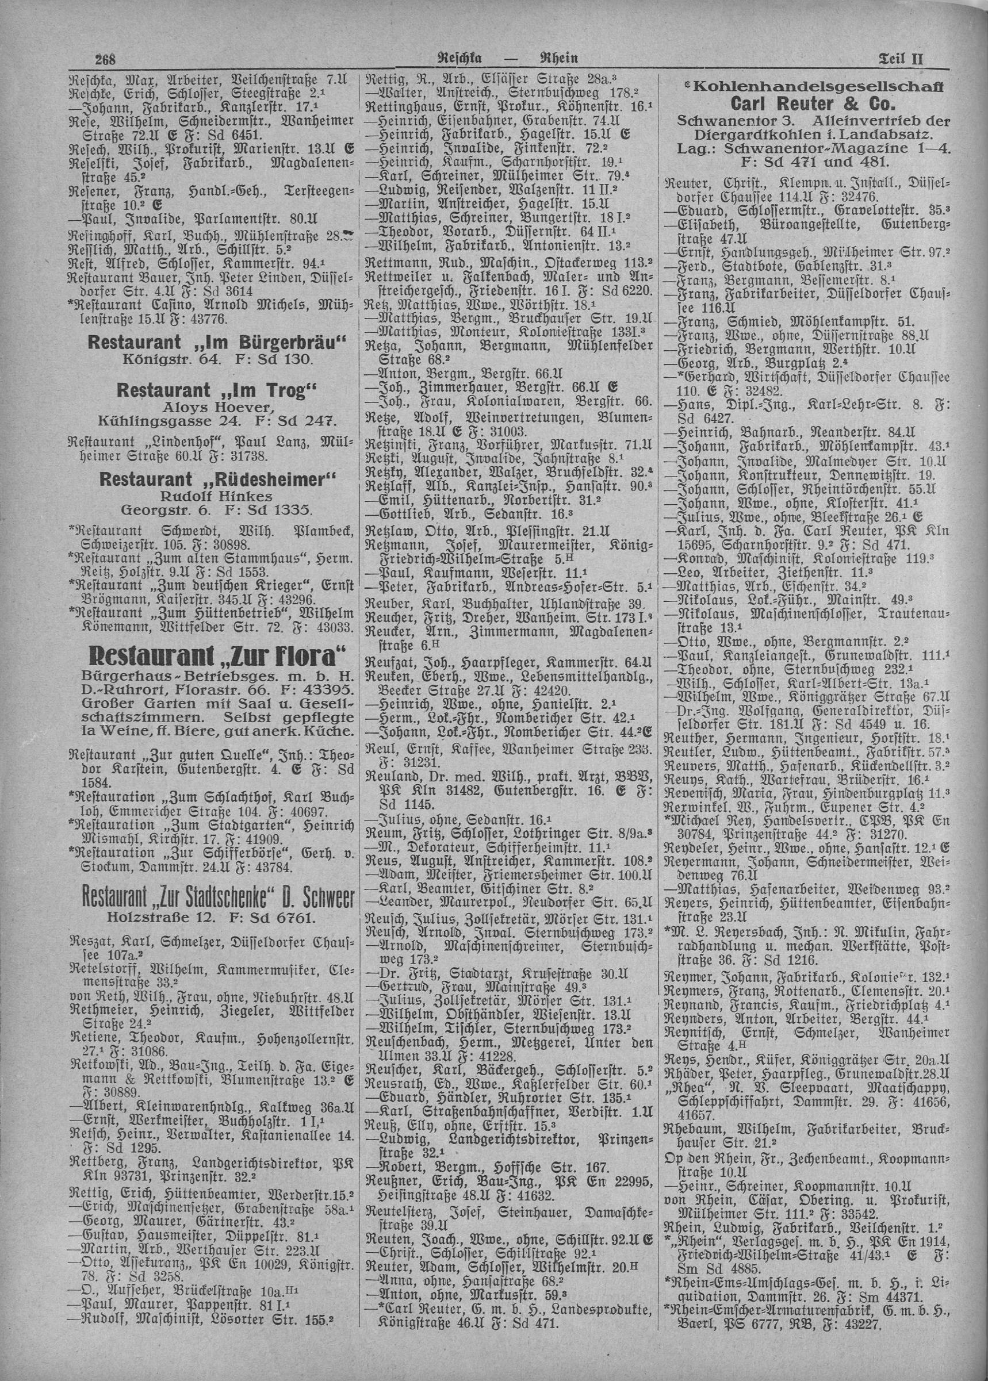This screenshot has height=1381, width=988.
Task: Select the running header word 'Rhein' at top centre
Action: (558, 59)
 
